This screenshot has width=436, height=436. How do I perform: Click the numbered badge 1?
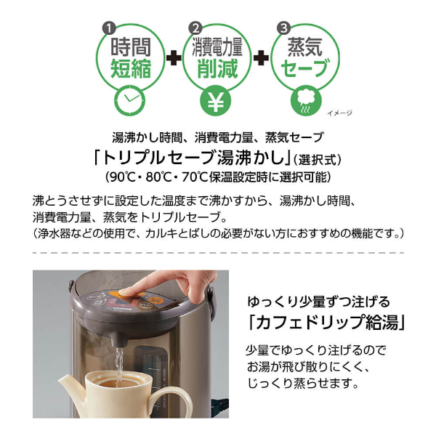(109, 28)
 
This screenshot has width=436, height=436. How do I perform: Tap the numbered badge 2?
(195, 28)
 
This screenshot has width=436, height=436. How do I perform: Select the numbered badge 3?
(283, 28)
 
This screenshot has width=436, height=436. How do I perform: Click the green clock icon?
(130, 100)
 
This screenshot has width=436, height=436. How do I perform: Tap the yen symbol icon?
(216, 100)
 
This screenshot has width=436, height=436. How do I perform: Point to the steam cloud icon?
(306, 100)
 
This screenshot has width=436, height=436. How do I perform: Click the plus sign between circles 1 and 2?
(174, 58)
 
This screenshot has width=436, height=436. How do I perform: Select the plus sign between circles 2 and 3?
(261, 58)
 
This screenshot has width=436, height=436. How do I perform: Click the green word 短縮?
(131, 68)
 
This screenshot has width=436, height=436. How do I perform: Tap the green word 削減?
(217, 68)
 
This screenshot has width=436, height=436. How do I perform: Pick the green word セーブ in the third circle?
(305, 68)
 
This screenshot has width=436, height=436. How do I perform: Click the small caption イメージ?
(339, 113)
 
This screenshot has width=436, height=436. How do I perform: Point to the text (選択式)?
(318, 160)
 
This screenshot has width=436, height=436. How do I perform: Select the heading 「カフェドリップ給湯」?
(326, 321)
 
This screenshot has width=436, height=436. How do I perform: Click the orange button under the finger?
(130, 294)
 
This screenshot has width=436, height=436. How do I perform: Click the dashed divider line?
(218, 253)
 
